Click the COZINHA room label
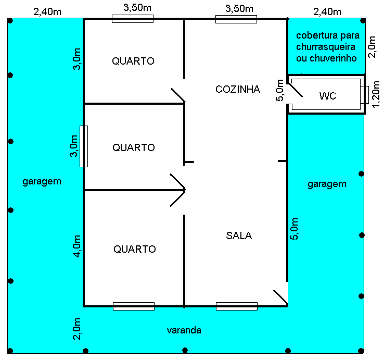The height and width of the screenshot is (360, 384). pos(238,89)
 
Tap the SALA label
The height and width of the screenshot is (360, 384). pos(239,235)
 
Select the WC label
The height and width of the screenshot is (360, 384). pos(328,96)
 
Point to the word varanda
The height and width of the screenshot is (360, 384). pos(184,330)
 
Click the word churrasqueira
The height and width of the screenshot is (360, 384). pos(326,46)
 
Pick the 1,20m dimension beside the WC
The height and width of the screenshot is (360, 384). pos(376,94)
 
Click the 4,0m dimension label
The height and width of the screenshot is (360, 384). pos(77,246)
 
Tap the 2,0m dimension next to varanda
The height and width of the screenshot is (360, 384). pos(77,329)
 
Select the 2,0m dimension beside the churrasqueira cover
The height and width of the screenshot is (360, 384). pos(372,47)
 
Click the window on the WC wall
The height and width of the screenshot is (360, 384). pos(364,95)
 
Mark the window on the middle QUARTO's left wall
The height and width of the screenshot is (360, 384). pos(84,146)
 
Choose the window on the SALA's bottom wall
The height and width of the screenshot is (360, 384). pos(237,306)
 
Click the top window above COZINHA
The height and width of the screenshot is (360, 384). pos(236,19)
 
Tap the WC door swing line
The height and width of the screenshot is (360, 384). pos(295,90)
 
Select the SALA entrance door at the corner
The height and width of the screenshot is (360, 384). pos(280,297)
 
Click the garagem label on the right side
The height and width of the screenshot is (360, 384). pos(327,184)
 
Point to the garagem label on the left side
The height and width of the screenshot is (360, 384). pos(42,182)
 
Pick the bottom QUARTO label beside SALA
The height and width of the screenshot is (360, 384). pos(135,249)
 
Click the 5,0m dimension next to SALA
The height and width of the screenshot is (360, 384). pos(294,229)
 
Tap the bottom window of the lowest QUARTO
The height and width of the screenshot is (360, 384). pos(134,306)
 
